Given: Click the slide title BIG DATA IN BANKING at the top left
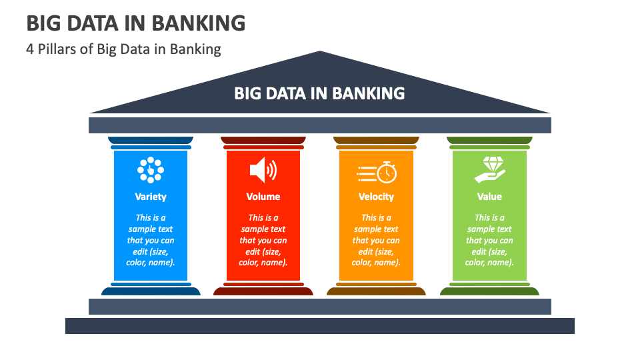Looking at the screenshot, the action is tap(136, 23).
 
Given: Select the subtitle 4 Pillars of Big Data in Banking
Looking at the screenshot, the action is tap(123, 49).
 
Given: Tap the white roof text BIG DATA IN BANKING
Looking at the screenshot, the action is tap(319, 93).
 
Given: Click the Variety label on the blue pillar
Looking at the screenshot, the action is tap(151, 197).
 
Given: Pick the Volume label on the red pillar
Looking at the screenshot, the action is tap(263, 197).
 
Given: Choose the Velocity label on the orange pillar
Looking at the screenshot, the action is tap(376, 197).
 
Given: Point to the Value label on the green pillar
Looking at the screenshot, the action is tap(489, 197).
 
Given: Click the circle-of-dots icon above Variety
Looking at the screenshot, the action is tap(151, 170).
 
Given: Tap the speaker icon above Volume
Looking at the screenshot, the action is tap(263, 170).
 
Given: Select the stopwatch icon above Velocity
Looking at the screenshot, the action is tap(376, 172).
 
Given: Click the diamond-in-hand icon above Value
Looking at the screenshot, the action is tap(490, 170).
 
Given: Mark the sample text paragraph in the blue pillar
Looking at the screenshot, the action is tap(151, 240).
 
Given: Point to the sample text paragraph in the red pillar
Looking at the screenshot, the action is tap(263, 240).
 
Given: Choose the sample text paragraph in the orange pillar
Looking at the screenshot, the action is tap(376, 240).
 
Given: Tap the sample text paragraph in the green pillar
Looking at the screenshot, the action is tap(489, 240).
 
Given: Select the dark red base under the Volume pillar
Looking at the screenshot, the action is tap(263, 291).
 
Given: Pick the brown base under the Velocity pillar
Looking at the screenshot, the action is tap(376, 291).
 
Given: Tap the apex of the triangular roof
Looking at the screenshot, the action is tap(319, 51).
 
